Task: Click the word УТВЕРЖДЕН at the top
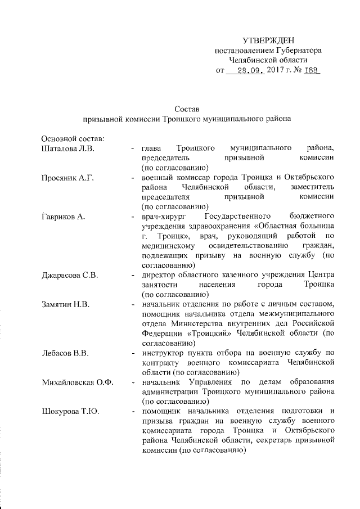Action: pyautogui.click(x=268, y=40)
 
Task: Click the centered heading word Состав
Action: pyautogui.click(x=187, y=109)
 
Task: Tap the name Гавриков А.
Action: pyautogui.click(x=63, y=217)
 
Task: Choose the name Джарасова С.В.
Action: pyautogui.click(x=70, y=276)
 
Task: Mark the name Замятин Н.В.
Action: pyautogui.click(x=67, y=305)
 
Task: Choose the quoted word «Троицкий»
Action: pyautogui.click(x=206, y=334)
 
